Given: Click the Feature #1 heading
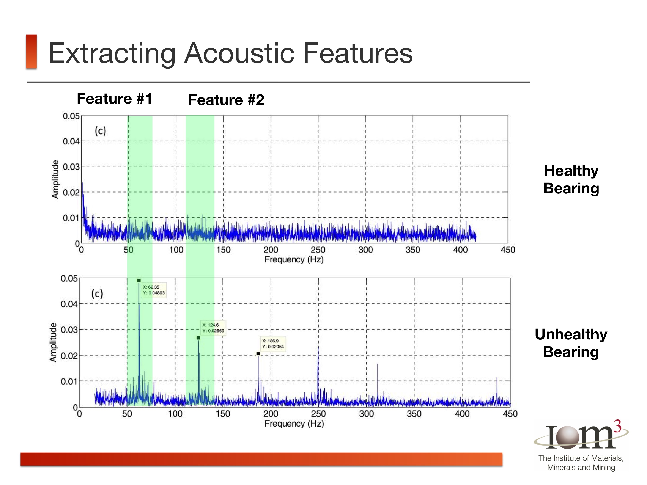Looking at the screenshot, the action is [114, 99].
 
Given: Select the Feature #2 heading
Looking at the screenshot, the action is [226, 100].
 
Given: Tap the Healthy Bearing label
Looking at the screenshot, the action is [571, 179].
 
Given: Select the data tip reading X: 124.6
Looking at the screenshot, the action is [213, 328].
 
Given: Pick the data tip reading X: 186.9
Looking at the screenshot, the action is [273, 344].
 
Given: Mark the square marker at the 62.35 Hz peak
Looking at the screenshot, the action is [139, 280].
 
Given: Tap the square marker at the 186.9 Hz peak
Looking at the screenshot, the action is [258, 354].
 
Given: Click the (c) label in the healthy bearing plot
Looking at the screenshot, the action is [100, 131].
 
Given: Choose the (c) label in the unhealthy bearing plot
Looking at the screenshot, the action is [97, 294].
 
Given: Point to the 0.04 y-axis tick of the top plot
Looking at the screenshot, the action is [71, 141].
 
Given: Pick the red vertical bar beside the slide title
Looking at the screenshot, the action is [31, 52].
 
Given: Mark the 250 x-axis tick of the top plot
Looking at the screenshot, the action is [318, 250].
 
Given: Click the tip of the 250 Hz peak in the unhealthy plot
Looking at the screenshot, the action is [318, 346].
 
